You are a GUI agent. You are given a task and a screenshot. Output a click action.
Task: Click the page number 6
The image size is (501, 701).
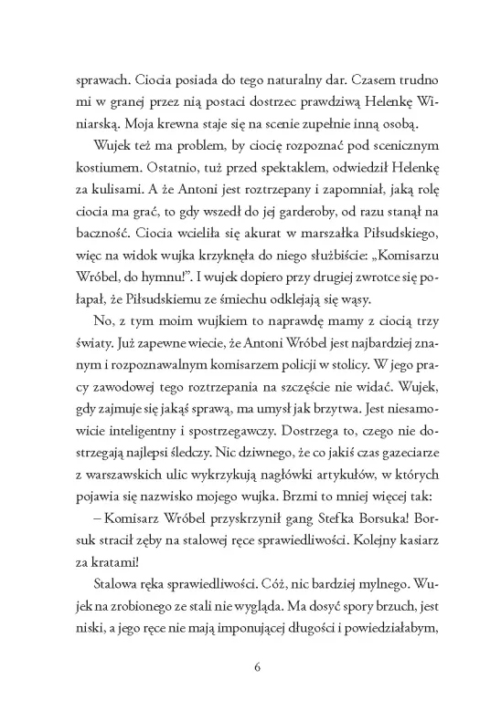pyautogui.click(x=258, y=664)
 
